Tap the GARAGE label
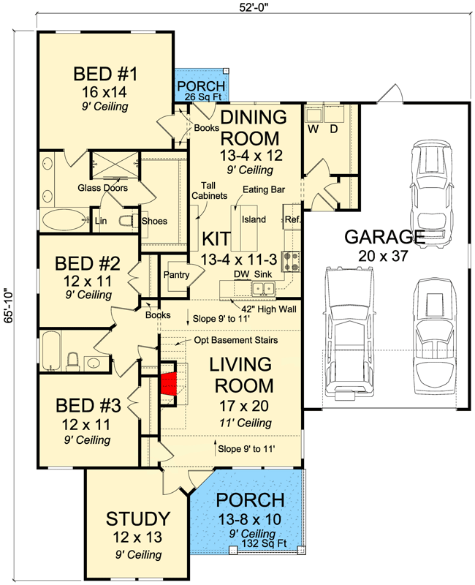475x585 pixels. pos(384,237)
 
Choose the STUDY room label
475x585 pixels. pos(139,520)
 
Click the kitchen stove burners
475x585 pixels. pos(290,258)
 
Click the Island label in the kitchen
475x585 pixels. pos(254,219)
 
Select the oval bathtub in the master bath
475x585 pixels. pos(62,219)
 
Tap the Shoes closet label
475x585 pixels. pos(154,222)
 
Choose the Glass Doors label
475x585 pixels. pos(102,188)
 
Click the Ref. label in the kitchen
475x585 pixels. pos(292,219)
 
